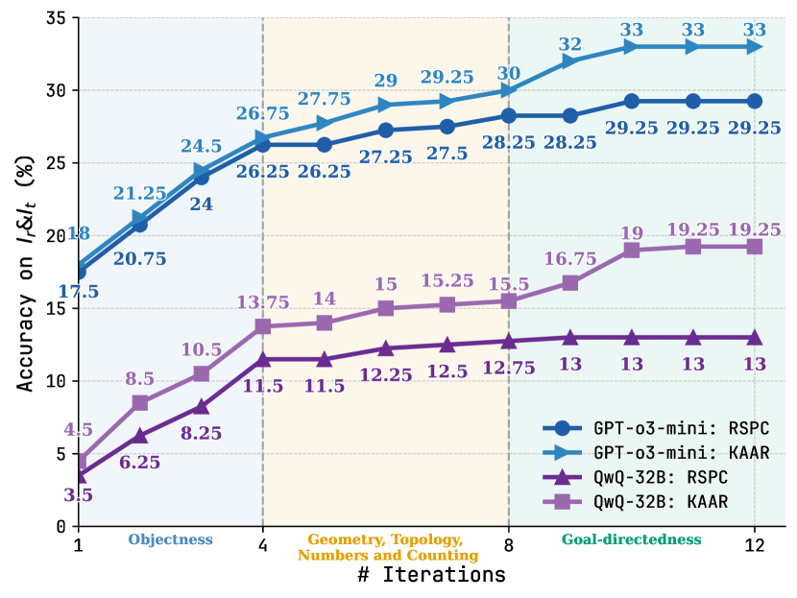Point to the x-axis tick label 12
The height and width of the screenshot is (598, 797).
point(755,545)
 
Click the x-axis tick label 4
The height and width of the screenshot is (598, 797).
point(263,545)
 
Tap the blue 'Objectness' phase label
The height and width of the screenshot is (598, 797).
point(170,539)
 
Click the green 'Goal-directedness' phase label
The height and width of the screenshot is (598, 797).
point(631,539)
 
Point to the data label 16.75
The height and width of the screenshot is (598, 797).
point(570,259)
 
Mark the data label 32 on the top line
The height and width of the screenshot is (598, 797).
point(570,43)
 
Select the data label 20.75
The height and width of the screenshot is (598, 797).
point(140,258)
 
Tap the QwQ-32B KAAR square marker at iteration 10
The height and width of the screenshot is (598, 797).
point(632,251)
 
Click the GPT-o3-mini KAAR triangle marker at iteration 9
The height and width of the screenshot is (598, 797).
point(570,61)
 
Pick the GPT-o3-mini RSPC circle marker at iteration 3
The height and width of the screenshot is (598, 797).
point(202,177)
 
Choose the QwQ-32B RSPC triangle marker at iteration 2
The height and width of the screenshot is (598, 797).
point(140,435)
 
